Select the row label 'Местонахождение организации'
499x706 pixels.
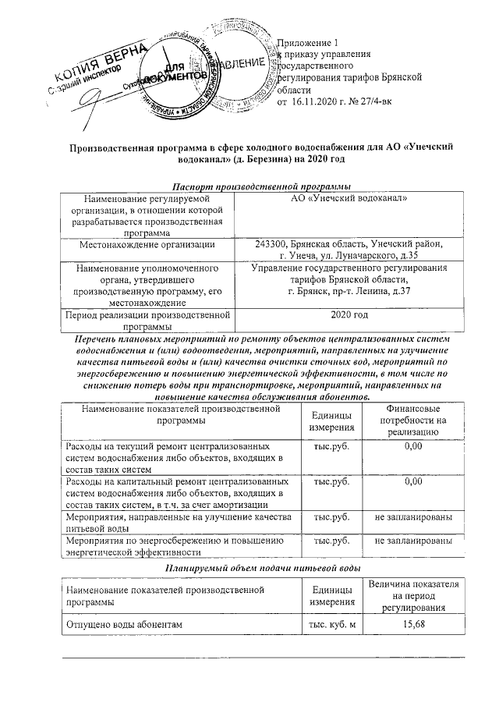coord(147,245)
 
